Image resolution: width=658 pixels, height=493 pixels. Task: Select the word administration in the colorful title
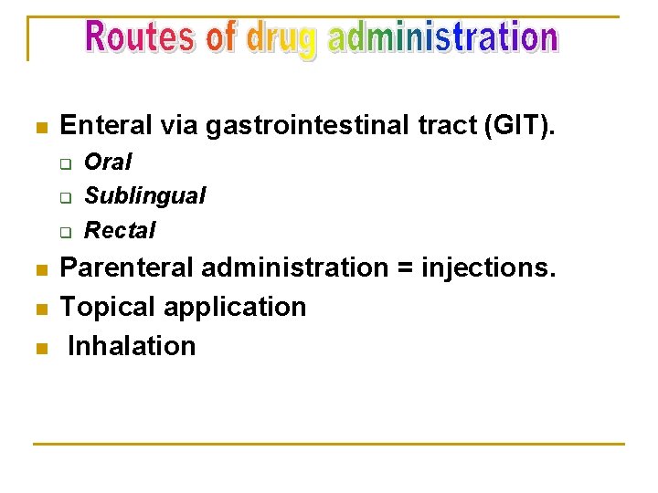(x=442, y=38)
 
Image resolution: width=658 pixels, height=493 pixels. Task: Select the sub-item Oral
(x=108, y=163)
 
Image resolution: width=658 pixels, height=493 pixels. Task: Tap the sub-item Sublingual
(x=144, y=195)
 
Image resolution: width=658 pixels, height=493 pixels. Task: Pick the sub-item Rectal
(x=120, y=230)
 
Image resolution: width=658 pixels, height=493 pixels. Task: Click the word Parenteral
(x=127, y=268)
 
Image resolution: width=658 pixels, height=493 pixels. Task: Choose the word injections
(x=488, y=268)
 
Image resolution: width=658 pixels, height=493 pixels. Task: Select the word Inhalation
(x=132, y=346)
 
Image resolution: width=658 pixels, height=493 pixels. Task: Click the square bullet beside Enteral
(x=38, y=127)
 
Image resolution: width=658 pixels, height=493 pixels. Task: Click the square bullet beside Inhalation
(x=38, y=348)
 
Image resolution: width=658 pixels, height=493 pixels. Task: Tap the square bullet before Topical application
(x=38, y=309)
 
